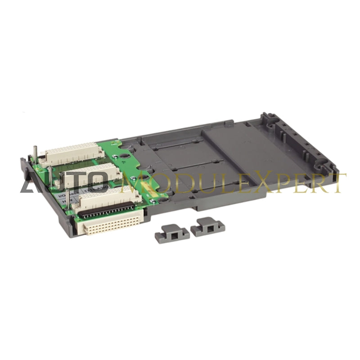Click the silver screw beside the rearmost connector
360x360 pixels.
click(116, 157)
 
